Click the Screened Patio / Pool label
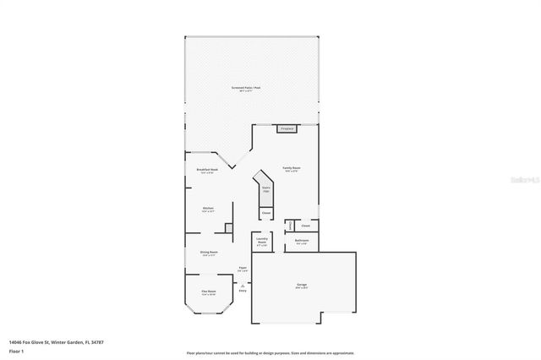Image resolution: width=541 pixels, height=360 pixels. tap(252, 89)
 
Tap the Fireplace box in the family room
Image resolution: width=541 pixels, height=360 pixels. tap(287, 129)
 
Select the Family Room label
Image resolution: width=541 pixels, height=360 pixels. tap(292, 168)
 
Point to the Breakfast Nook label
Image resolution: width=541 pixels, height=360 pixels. tap(208, 170)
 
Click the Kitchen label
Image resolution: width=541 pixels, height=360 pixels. tap(207, 209)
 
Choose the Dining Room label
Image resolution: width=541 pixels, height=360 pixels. tap(209, 253)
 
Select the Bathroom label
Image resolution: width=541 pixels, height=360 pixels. tap(302, 241)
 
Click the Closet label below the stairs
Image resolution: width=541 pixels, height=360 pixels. tap(265, 213)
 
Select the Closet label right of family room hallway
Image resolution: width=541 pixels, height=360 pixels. tap(305, 226)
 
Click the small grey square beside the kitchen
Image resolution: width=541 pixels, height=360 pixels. tap(228, 227)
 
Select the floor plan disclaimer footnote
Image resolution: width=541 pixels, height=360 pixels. tap(270, 353)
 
